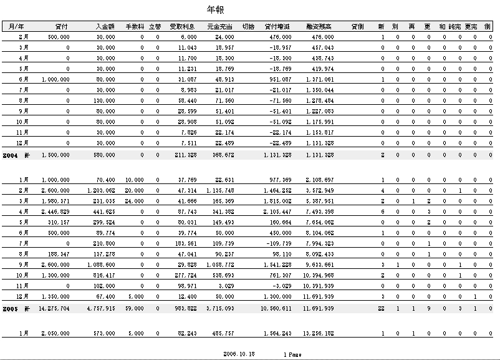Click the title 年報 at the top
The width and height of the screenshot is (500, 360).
point(215,10)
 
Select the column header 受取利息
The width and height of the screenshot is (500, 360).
point(183,26)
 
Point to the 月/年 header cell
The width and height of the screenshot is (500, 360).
point(17,26)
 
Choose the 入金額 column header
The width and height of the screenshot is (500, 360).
point(105,26)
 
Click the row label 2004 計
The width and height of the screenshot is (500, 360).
point(16,154)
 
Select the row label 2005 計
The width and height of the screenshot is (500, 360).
point(16,308)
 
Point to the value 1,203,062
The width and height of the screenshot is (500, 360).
point(101,190)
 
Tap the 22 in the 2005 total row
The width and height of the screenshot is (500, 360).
point(381,308)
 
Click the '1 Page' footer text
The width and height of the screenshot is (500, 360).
point(292,354)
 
